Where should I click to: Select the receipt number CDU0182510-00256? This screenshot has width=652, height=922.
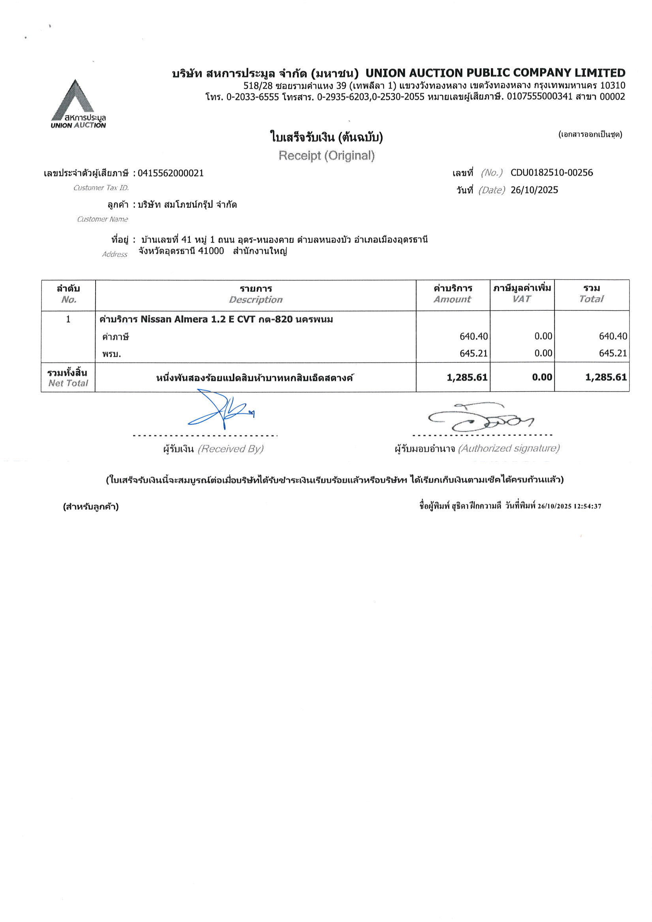coord(551,173)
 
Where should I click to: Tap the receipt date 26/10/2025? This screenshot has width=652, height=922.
coord(534,190)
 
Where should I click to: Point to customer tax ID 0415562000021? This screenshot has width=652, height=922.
coord(170,173)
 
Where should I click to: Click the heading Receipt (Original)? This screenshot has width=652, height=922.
coord(326,156)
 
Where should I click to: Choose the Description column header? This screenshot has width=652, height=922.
coord(256,300)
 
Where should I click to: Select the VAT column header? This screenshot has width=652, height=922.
coord(521,299)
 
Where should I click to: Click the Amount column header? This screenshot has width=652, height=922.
coord(452,299)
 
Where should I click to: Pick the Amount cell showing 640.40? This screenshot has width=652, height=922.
coord(473,336)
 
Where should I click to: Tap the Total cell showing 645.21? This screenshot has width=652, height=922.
coord(613,353)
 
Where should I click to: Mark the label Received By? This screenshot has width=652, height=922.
coord(230,449)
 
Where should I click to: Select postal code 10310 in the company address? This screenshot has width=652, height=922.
coord(612,85)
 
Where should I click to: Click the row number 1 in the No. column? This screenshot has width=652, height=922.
coord(68,319)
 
